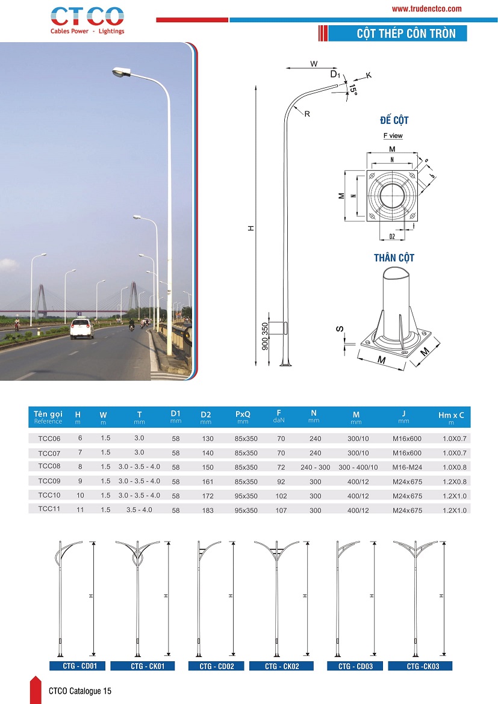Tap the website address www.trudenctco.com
click(426, 9)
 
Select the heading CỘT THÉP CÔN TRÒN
click(397, 33)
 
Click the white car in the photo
click(81, 329)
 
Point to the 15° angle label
click(353, 91)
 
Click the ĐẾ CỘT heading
click(394, 120)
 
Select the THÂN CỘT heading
click(394, 258)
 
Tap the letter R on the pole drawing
click(307, 114)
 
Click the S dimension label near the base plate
click(340, 329)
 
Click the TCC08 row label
click(49, 466)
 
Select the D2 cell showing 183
click(206, 510)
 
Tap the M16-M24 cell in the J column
click(407, 467)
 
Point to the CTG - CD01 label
click(76, 666)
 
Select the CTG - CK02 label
click(282, 666)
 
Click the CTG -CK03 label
click(420, 666)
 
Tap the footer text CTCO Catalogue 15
click(80, 691)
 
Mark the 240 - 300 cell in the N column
click(315, 467)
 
